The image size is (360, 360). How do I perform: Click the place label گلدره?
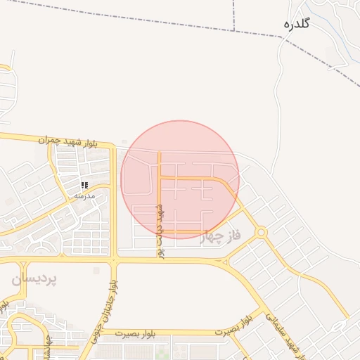pos(296,25)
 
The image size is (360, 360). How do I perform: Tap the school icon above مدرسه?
pos(84,185)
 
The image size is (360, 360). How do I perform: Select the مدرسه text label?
pos(84,196)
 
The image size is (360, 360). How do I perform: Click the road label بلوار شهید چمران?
pos(65,142)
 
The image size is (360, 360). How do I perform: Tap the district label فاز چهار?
pos(220,236)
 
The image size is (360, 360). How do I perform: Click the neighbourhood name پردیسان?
pos(34,278)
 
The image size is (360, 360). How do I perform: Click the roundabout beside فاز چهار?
pos(261,231)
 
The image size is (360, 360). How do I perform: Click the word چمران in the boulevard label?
pos(50,141)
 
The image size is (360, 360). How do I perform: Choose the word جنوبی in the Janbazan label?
pos(98,334)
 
